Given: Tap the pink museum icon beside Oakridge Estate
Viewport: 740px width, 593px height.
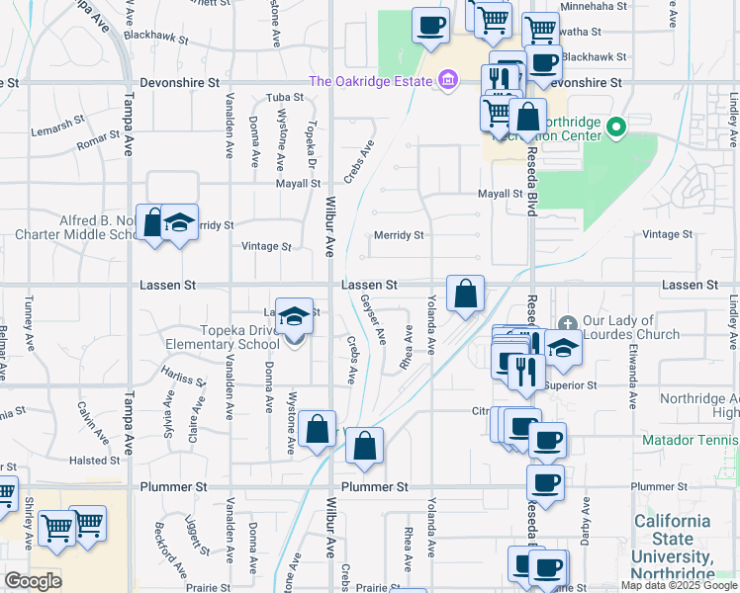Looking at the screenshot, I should pos(447,80).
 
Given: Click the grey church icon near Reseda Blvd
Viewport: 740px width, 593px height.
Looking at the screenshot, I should pos(568,323).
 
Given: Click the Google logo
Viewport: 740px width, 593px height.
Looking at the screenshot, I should pos(33,581).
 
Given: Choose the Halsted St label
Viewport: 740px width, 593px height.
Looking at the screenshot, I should pos(95,461).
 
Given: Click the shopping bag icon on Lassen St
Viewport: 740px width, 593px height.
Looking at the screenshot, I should pos(465,294).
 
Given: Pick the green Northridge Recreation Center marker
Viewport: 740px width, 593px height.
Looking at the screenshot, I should pos(616,127).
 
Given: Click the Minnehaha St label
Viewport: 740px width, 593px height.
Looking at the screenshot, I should pos(594,6).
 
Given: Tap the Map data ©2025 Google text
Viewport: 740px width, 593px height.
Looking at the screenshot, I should pos(678,585).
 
